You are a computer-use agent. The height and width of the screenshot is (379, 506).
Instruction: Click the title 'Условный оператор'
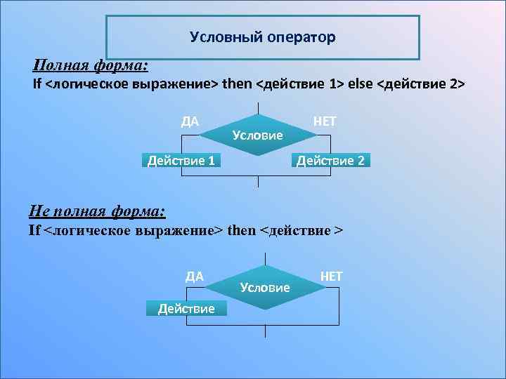click(x=262, y=36)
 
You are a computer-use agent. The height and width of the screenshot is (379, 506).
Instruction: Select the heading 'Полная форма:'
click(x=91, y=66)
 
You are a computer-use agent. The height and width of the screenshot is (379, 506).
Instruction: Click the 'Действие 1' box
click(x=181, y=161)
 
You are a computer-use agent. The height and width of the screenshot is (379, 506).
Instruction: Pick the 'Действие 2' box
click(x=330, y=161)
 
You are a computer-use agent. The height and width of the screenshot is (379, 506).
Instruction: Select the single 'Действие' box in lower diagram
click(x=186, y=308)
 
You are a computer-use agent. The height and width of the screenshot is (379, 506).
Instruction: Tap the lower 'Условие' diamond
click(x=264, y=287)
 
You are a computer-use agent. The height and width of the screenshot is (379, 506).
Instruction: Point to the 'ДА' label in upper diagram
click(x=190, y=121)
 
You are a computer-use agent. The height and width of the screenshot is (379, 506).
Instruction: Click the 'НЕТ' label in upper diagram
click(x=325, y=121)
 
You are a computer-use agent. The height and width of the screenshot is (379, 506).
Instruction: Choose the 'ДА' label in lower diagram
click(x=195, y=276)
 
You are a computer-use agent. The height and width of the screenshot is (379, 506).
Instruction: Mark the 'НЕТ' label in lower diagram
click(x=331, y=276)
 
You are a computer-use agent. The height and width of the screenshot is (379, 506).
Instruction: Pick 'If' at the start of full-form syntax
click(x=38, y=85)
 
